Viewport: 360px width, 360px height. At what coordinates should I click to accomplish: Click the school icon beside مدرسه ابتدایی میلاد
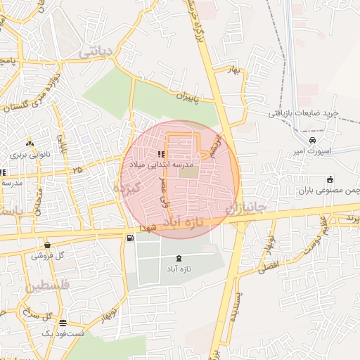(x=160, y=154)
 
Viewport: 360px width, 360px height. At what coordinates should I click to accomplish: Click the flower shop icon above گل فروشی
(x=47, y=245)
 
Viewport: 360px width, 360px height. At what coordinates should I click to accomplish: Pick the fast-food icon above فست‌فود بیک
(x=63, y=323)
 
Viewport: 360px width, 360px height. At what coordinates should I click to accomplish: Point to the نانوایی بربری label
(x=27, y=153)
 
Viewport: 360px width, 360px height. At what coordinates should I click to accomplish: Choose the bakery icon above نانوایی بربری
(x=29, y=142)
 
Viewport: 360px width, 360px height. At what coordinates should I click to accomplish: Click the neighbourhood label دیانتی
(x=96, y=51)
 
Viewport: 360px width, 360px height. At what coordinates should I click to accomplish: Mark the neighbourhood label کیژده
(x=128, y=186)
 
